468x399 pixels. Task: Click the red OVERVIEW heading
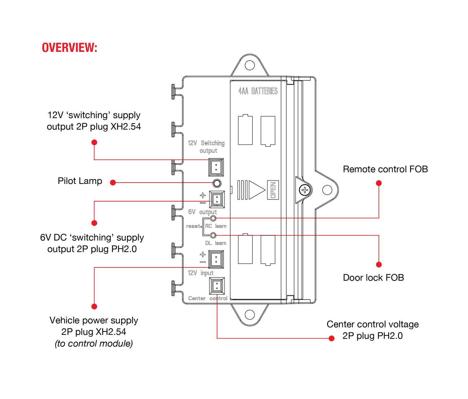tap(70, 48)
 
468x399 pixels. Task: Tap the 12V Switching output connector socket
tap(216, 167)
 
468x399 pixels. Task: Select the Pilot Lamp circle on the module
tap(217, 183)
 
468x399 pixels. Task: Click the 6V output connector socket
tap(217, 199)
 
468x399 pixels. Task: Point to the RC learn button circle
tap(213, 218)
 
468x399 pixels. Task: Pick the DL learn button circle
tap(213, 235)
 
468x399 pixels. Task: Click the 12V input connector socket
tap(216, 259)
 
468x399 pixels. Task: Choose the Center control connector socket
tap(217, 286)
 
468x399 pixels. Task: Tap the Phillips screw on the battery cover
tap(305, 190)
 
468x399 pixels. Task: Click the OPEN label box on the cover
tap(273, 190)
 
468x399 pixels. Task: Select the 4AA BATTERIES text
tap(258, 91)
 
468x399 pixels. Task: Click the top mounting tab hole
tap(250, 65)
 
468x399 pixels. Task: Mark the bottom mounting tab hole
tap(250, 314)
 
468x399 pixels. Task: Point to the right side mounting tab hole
tap(327, 190)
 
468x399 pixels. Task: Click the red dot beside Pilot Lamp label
tap(113, 183)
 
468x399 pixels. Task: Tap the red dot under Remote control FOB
tap(379, 183)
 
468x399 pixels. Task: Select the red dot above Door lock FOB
tap(379, 265)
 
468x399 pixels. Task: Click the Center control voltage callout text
tap(372, 330)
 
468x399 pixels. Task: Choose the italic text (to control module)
tap(94, 343)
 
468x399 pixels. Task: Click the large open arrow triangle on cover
tap(256, 190)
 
